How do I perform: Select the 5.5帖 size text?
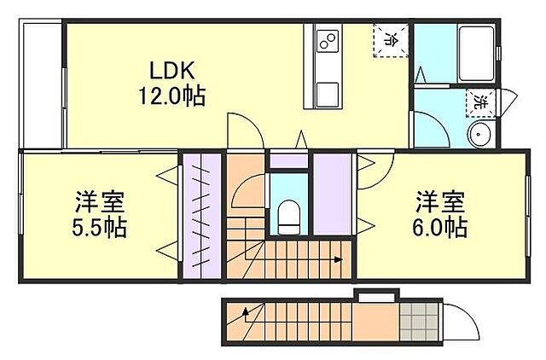point(100,228)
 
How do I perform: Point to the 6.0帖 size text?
point(441,228)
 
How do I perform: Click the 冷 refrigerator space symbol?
point(391,38)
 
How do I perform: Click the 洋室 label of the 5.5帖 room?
point(100,203)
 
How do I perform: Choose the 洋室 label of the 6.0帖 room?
point(441,203)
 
